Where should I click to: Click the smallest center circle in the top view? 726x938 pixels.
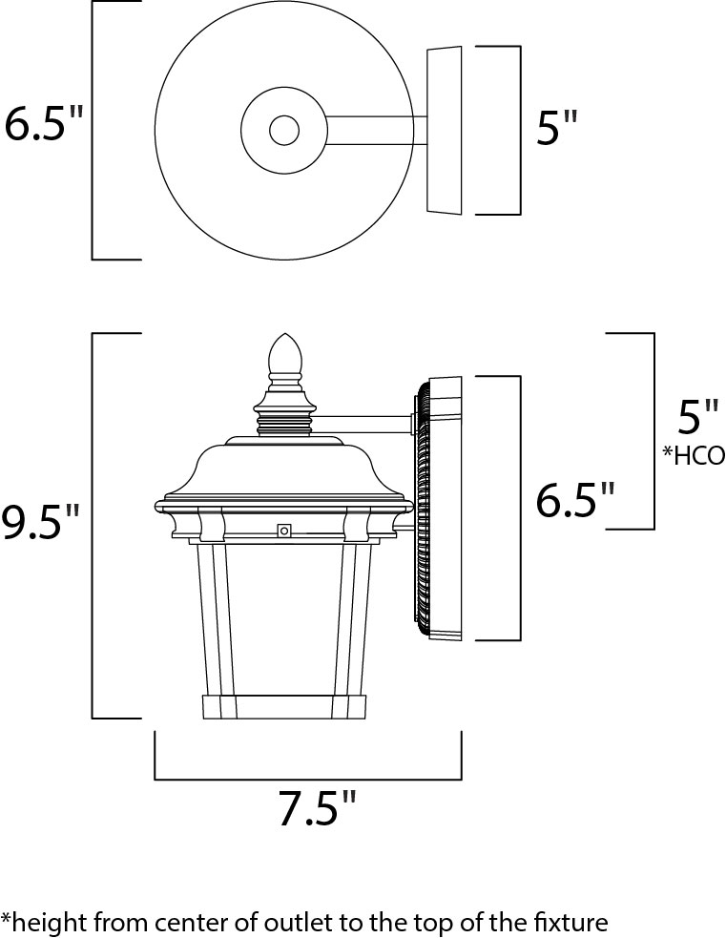tap(283, 130)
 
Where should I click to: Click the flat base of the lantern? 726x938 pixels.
tap(286, 707)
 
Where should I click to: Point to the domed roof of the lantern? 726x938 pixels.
tap(286, 468)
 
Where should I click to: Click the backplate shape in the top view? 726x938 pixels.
tap(443, 130)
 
